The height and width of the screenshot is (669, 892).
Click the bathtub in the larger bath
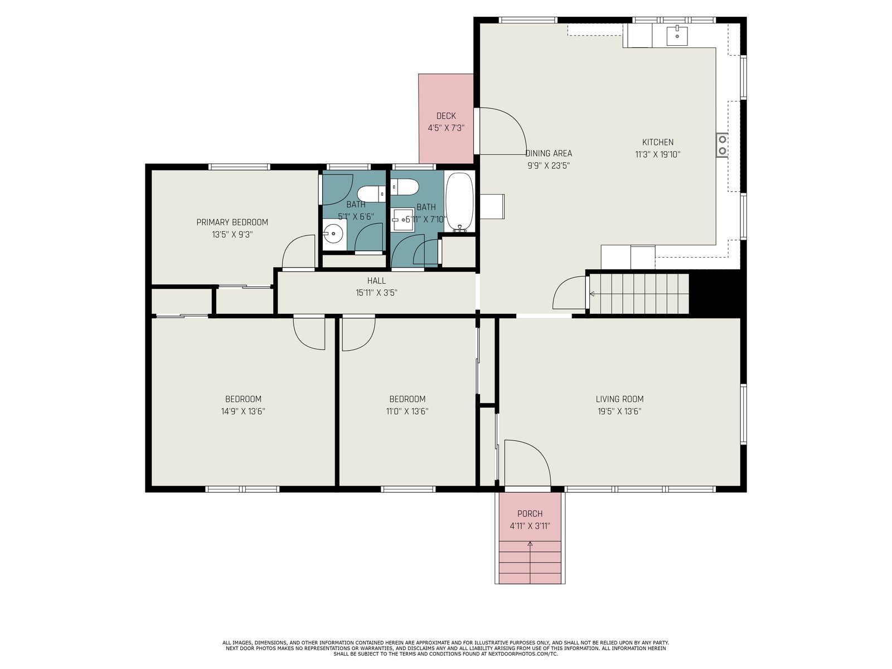pos(459,202)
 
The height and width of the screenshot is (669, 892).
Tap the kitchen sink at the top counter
pos(677,35)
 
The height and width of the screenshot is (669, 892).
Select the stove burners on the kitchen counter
pos(722,146)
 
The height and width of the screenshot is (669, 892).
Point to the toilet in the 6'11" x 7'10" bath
pos(405,187)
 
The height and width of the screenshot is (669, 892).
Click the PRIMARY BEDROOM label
pos(232,222)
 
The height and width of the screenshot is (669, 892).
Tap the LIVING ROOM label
pos(619,399)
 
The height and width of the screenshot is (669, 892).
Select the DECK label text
pos(446,116)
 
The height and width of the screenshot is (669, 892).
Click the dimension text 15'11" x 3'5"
pos(376,293)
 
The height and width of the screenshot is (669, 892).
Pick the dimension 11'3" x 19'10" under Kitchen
pos(657,154)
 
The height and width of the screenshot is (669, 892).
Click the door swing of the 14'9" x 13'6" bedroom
pos(309,333)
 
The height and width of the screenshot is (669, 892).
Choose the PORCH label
pos(530,513)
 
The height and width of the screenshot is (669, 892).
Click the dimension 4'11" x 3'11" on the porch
pos(530,526)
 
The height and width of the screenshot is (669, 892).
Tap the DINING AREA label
pos(549,153)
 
